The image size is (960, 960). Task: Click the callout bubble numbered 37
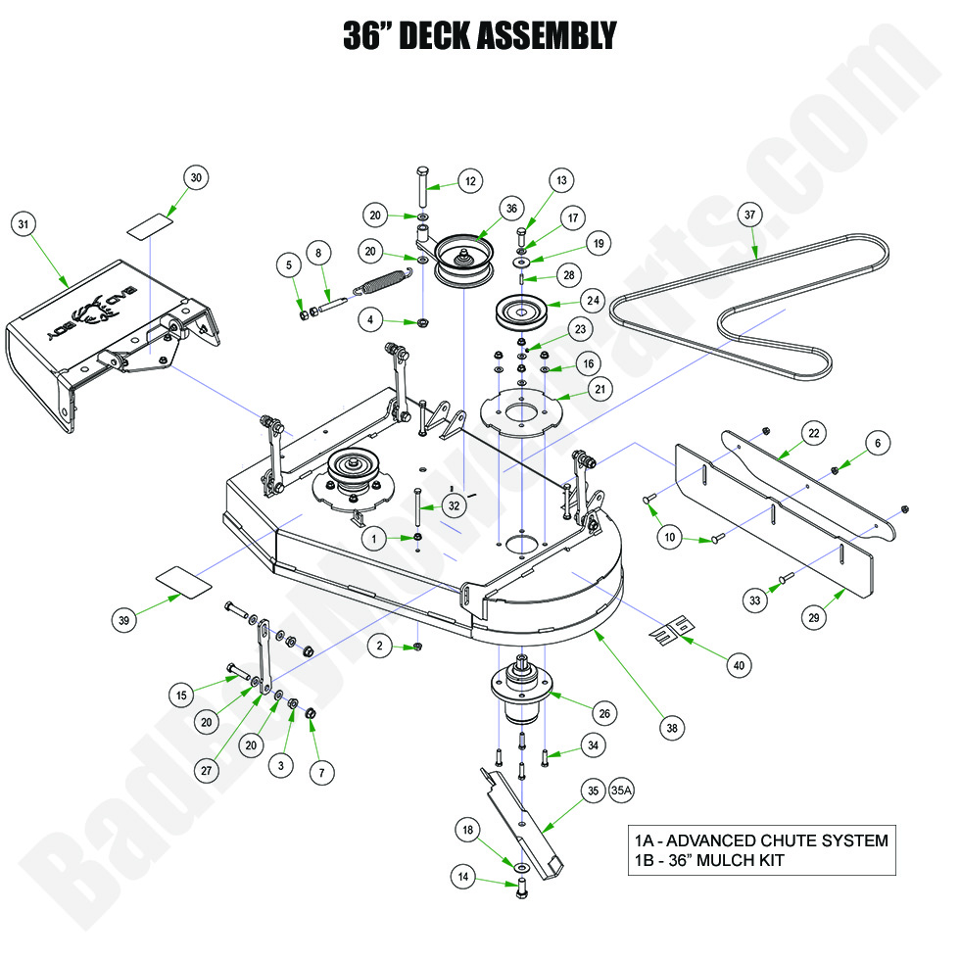[x=750, y=215]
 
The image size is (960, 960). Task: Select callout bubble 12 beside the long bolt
[x=470, y=181]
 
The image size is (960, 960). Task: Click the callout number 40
[x=740, y=665]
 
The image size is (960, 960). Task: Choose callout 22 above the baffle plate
[x=814, y=431]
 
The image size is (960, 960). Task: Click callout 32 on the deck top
[x=453, y=505]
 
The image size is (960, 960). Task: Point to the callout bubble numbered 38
[x=672, y=728]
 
